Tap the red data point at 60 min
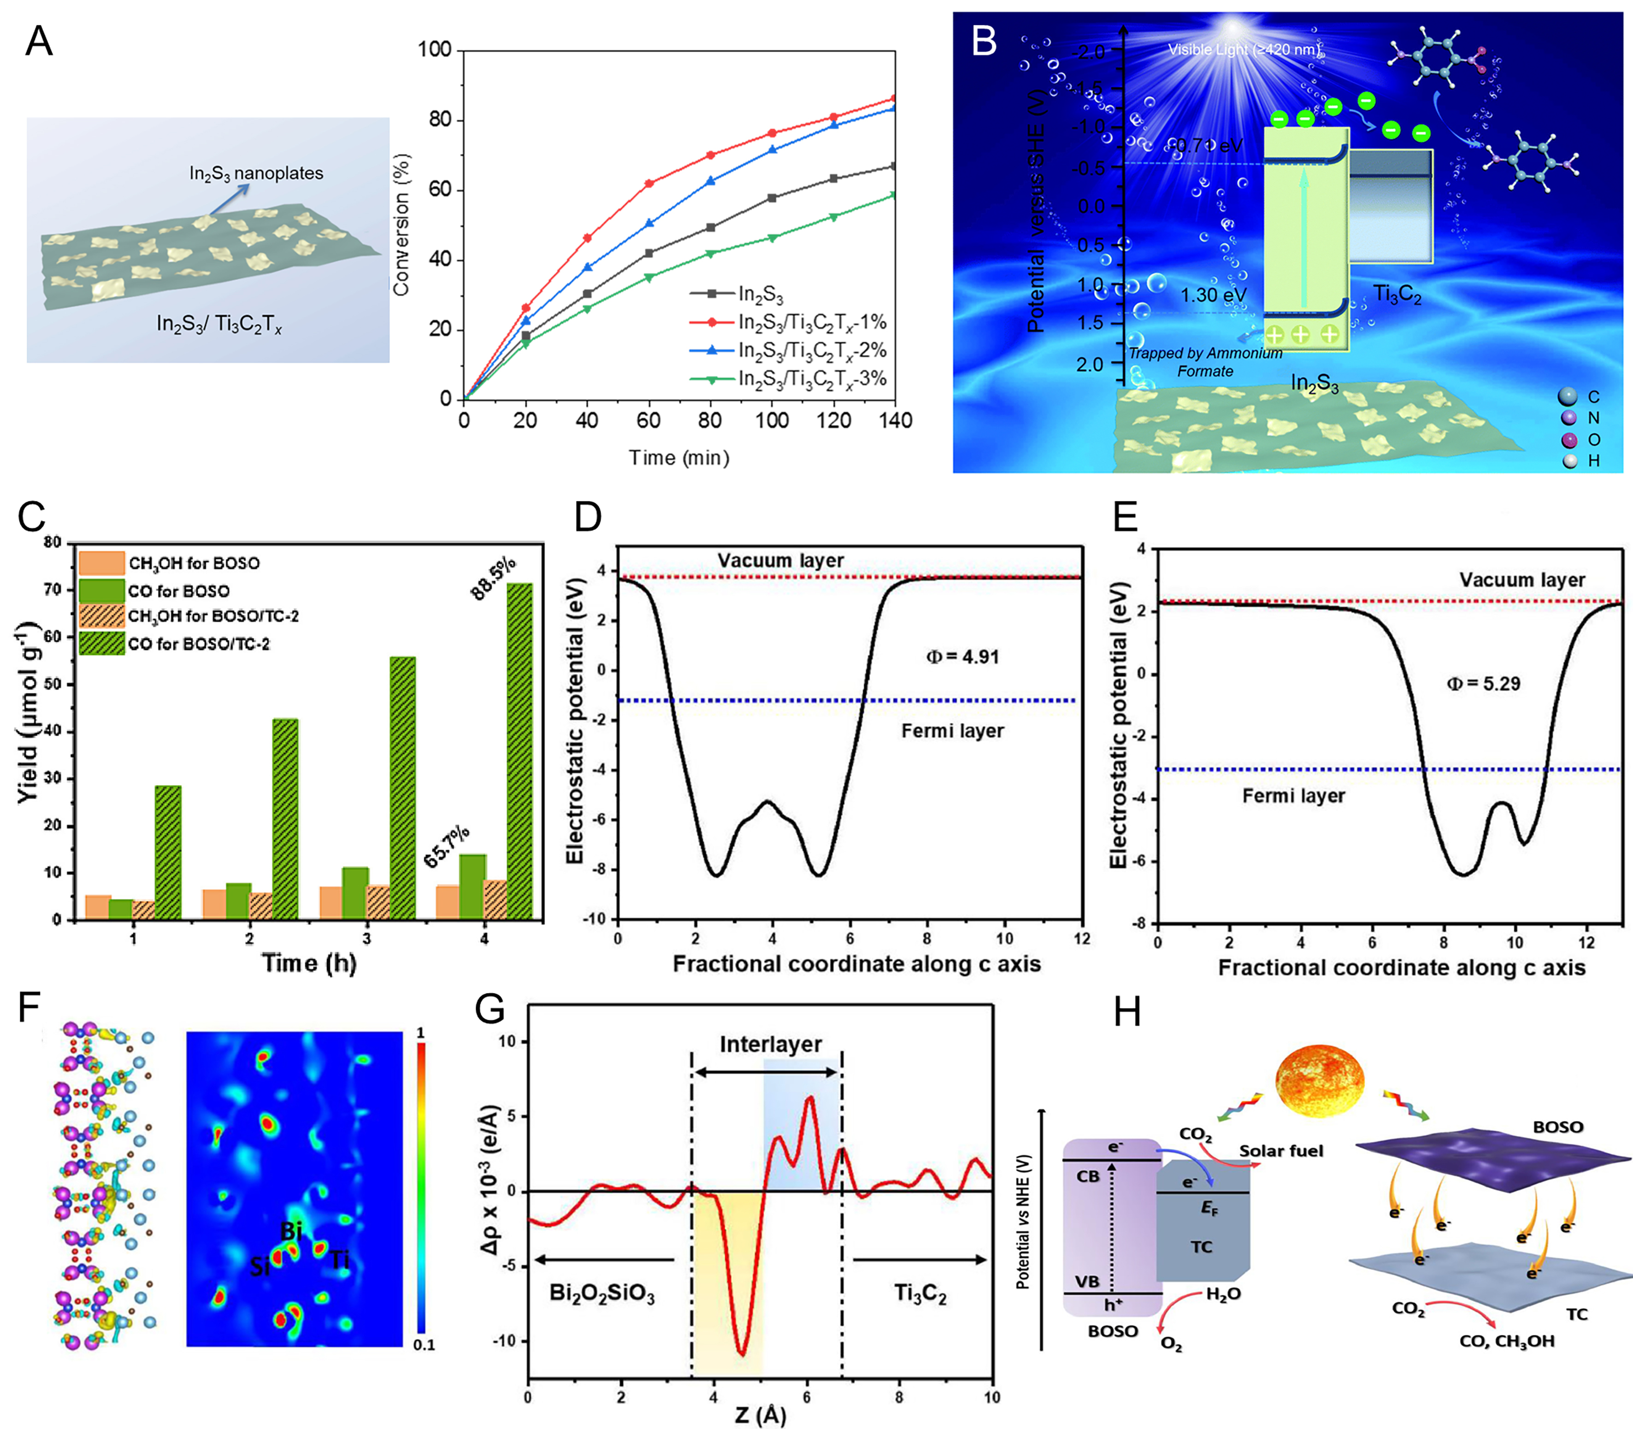[x=649, y=183]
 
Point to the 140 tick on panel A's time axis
[x=895, y=420]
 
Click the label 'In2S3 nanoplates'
[x=256, y=173]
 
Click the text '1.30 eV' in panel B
[x=1213, y=295]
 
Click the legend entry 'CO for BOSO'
[x=178, y=591]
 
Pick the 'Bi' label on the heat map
[x=291, y=1231]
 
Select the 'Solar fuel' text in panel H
[x=1280, y=1151]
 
